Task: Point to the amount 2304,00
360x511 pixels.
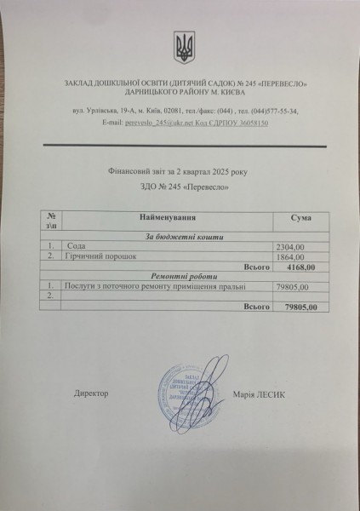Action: tap(280, 246)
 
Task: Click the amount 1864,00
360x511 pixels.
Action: tap(280, 255)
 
